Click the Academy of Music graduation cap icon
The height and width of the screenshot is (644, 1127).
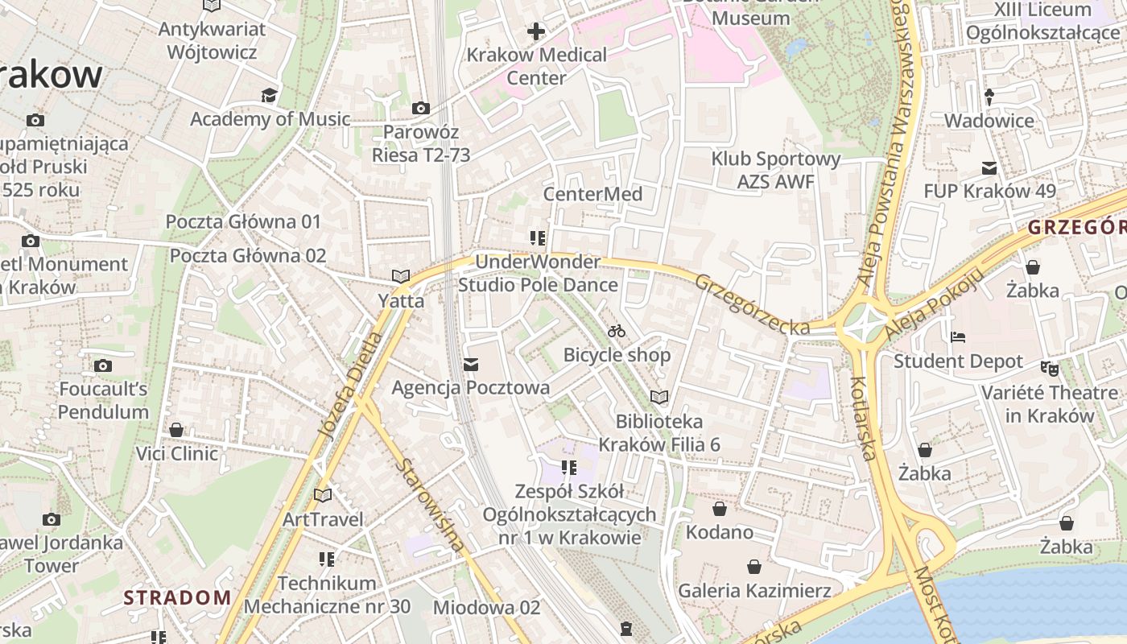click(x=269, y=96)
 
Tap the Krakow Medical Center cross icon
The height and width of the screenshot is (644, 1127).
click(x=536, y=32)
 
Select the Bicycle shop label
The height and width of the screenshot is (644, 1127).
click(x=617, y=355)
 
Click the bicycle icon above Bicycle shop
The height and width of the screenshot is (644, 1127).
click(x=617, y=331)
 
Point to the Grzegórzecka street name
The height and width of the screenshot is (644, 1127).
click(x=753, y=305)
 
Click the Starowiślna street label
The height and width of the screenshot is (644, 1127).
click(x=430, y=506)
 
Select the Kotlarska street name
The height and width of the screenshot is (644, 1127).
click(x=862, y=418)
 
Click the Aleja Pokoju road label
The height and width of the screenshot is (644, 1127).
click(x=935, y=303)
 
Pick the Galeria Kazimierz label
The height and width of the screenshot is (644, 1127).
click(x=754, y=591)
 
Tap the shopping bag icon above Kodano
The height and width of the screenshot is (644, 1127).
click(x=720, y=509)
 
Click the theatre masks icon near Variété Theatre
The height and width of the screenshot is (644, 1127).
click(x=1048, y=368)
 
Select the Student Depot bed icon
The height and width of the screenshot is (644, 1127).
click(x=958, y=337)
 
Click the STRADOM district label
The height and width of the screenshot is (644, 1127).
click(x=177, y=598)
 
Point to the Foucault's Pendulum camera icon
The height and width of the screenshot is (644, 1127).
click(x=102, y=366)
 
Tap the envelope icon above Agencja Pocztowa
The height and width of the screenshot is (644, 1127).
click(x=471, y=365)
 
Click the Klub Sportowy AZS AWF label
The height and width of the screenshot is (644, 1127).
click(x=776, y=171)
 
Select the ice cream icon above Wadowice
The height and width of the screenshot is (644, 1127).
click(x=989, y=97)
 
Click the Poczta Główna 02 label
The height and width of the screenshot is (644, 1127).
click(x=248, y=256)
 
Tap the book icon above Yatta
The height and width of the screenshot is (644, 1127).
click(x=400, y=276)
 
